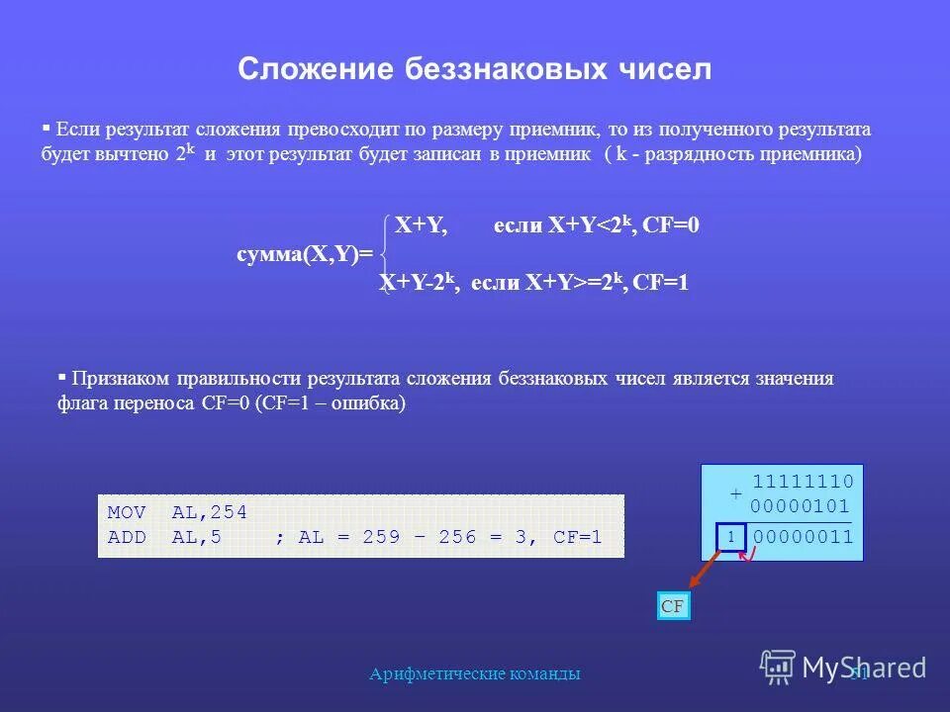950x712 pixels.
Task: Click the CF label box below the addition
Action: click(x=673, y=606)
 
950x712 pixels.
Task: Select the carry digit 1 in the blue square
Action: click(x=729, y=537)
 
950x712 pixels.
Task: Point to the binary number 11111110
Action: click(x=803, y=482)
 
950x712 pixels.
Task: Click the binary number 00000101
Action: click(x=802, y=506)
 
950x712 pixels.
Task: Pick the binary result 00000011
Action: click(x=803, y=537)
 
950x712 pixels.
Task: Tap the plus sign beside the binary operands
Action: click(x=735, y=493)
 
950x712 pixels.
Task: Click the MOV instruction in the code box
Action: click(x=127, y=512)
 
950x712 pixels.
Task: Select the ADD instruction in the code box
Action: click(x=127, y=538)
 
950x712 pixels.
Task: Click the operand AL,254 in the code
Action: click(x=209, y=512)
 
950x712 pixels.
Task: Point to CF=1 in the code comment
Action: click(x=578, y=538)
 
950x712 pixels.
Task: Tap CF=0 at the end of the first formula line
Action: click(x=671, y=225)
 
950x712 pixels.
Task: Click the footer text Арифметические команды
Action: click(x=475, y=673)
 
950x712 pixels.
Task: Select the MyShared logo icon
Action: click(x=778, y=667)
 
